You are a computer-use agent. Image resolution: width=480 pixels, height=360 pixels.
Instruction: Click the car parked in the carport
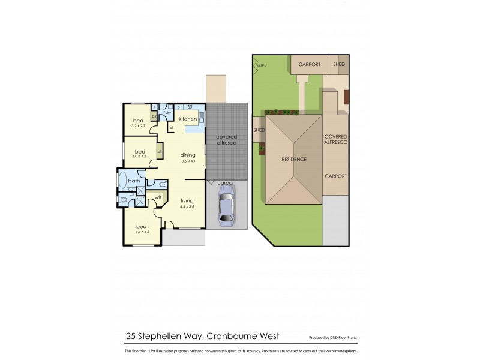[x=226, y=206]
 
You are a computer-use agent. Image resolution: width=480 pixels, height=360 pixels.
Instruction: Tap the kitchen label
[x=187, y=119]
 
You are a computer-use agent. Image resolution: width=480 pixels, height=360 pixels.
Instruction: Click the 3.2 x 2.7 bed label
[x=139, y=126]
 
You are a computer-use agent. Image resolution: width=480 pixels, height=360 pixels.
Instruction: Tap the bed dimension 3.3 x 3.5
[x=142, y=231]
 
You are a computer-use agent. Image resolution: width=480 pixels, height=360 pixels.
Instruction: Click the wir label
[x=158, y=196]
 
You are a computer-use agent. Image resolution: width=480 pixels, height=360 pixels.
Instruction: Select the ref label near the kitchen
[x=170, y=128]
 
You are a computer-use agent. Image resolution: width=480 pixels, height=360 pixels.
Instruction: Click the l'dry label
[x=167, y=112]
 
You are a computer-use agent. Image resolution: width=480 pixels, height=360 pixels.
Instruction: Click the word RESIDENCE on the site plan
[x=294, y=160]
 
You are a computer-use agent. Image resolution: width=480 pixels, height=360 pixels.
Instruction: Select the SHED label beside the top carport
[x=340, y=64]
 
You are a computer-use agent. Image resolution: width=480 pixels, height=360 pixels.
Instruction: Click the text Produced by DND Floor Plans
[x=334, y=338]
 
